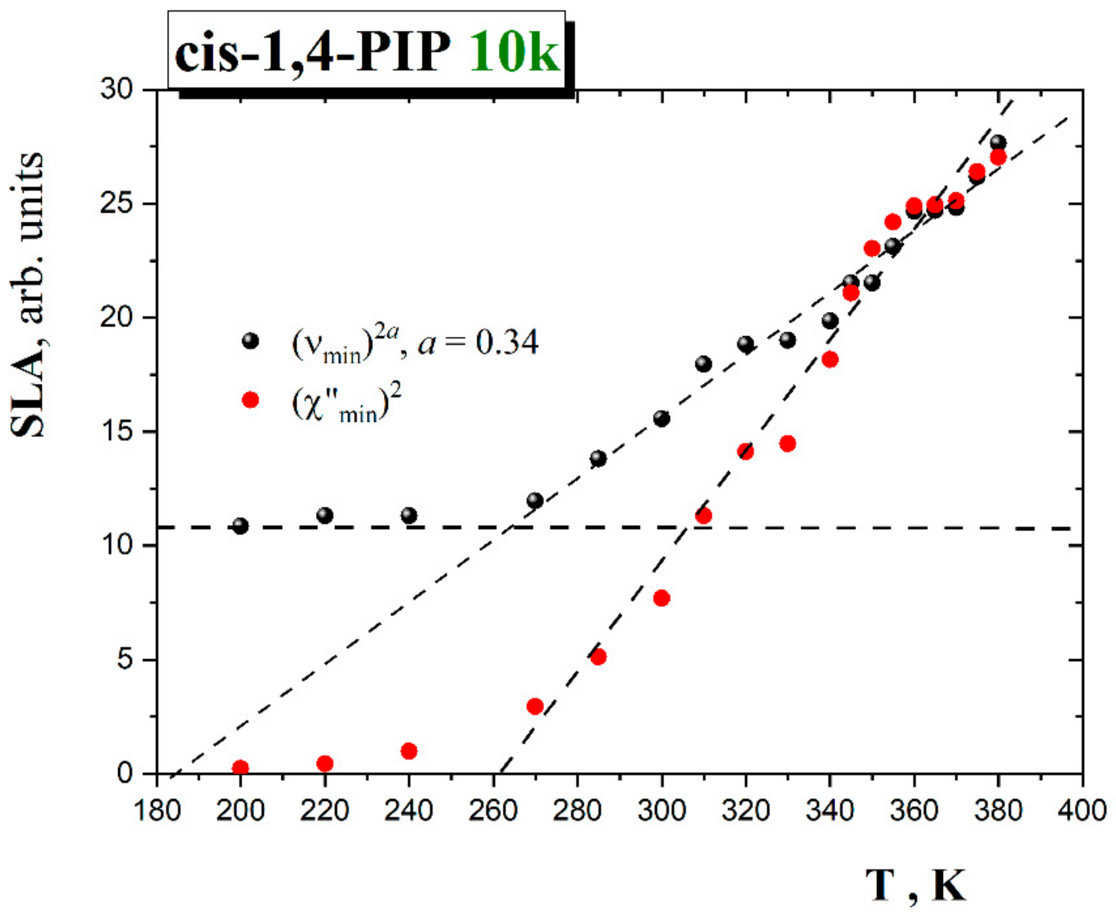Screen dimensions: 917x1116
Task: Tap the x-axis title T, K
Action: pyautogui.click(x=915, y=885)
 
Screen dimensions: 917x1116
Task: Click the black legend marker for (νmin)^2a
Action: pyautogui.click(x=250, y=341)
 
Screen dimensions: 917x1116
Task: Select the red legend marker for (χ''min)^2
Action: pyautogui.click(x=250, y=400)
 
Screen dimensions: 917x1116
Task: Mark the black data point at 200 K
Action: pyautogui.click(x=240, y=526)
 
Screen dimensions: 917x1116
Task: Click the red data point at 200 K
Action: pyautogui.click(x=240, y=768)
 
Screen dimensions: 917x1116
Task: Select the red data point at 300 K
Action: pyautogui.click(x=662, y=598)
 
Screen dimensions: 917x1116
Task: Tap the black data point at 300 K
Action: pyautogui.click(x=662, y=419)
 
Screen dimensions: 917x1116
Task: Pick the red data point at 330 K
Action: pyautogui.click(x=787, y=444)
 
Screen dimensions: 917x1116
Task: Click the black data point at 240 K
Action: pyautogui.click(x=408, y=515)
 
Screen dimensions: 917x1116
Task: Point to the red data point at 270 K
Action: pyautogui.click(x=535, y=706)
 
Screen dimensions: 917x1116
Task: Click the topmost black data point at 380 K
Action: pyautogui.click(x=998, y=143)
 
